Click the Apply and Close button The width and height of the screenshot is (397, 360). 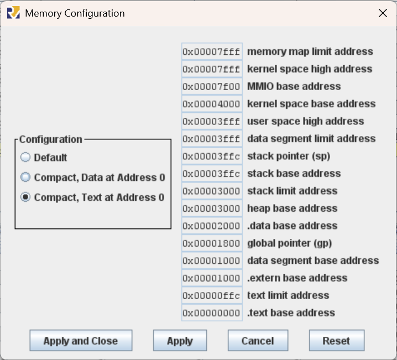coord(81,341)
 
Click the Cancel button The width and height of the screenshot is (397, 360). coord(258,341)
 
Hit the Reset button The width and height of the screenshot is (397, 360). coord(337,341)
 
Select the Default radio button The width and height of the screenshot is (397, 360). coord(25,157)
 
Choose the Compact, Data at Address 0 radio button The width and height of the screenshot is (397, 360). coord(25,177)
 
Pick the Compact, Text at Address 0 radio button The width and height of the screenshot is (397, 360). coord(25,197)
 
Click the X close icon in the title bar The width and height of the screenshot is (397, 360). coord(383,13)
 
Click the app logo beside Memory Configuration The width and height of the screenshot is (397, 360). coord(13,13)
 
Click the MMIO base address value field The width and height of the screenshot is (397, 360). coord(212,87)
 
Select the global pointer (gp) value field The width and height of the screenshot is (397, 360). coord(212,243)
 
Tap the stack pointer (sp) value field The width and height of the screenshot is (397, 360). coord(212,156)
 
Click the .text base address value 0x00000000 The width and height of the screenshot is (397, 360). coord(211,313)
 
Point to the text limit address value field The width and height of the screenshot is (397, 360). coord(212,295)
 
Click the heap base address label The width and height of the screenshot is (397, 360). coord(292,208)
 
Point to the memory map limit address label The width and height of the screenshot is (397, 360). coord(310,51)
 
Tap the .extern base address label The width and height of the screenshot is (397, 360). coord(297,278)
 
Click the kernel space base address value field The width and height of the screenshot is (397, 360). coord(212,104)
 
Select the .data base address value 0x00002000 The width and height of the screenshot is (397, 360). coord(211,226)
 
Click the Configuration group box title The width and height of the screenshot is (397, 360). coord(51,139)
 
